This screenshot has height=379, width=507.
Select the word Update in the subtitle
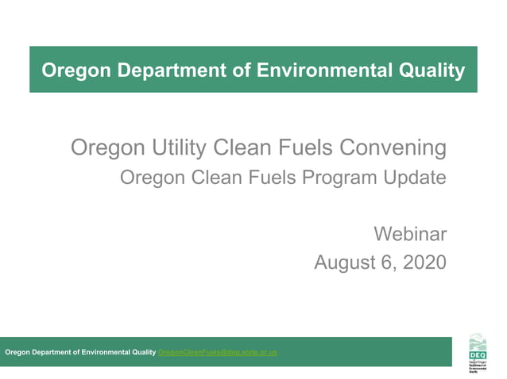click(x=414, y=178)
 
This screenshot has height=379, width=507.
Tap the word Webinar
click(x=410, y=234)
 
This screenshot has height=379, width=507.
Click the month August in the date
click(x=345, y=262)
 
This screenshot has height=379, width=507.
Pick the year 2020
click(x=422, y=262)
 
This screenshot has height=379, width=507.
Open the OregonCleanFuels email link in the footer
click(x=218, y=352)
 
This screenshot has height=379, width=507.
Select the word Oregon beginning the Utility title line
click(x=99, y=147)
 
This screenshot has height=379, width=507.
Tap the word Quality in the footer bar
click(x=143, y=352)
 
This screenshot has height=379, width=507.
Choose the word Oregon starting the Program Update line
click(x=148, y=178)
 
